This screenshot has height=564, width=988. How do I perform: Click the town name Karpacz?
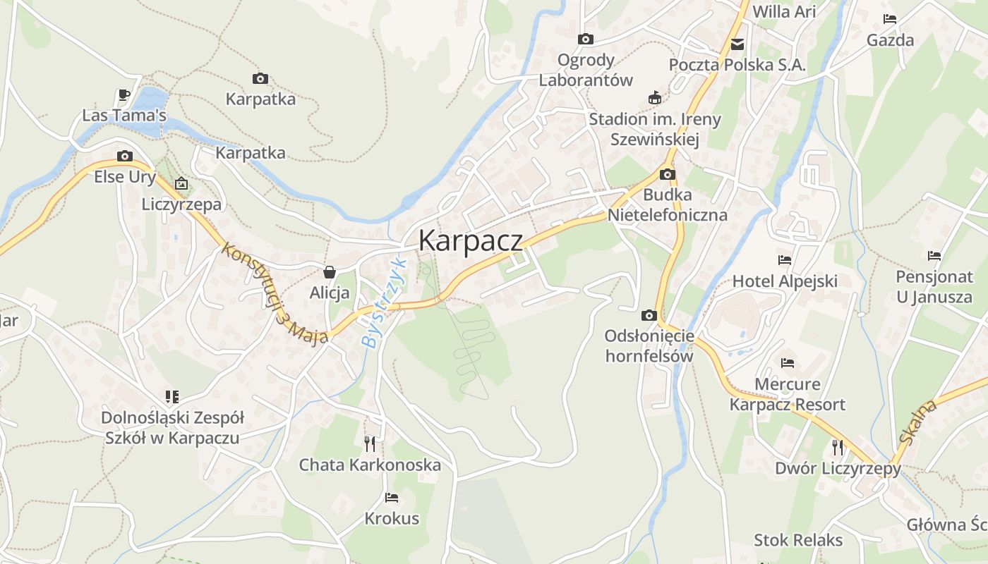pos(471,240)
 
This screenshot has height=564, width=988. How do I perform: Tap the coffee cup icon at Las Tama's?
pos(124,94)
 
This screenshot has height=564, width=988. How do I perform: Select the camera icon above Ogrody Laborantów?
pos(585,39)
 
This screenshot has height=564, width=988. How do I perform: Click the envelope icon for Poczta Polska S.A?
pos(737,44)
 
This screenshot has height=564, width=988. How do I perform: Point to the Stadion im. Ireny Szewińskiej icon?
pos(655,98)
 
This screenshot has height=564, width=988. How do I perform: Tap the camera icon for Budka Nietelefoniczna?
pos(667,174)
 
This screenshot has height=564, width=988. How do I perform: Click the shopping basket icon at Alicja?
pos(329,272)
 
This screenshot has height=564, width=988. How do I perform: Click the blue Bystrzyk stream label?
pos(384,302)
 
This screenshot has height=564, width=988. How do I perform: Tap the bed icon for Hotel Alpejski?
pos(785,260)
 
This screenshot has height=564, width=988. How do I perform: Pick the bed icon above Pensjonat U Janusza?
pos(934,256)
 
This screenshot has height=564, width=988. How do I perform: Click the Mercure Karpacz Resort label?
pos(787,394)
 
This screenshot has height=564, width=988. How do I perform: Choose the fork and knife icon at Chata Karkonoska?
pos(369,443)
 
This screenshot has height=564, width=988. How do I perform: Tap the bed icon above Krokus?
pos(392,498)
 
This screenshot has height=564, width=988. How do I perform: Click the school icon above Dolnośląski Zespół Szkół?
pos(172,397)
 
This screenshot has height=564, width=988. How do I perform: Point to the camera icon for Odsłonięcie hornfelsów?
pos(649,315)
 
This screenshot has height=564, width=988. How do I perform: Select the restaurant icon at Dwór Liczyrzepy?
pos(838,447)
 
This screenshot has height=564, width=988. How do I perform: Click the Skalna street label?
pos(918,422)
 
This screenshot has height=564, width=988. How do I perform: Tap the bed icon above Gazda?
pos(890,19)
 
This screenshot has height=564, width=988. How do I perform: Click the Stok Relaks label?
pos(798,540)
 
